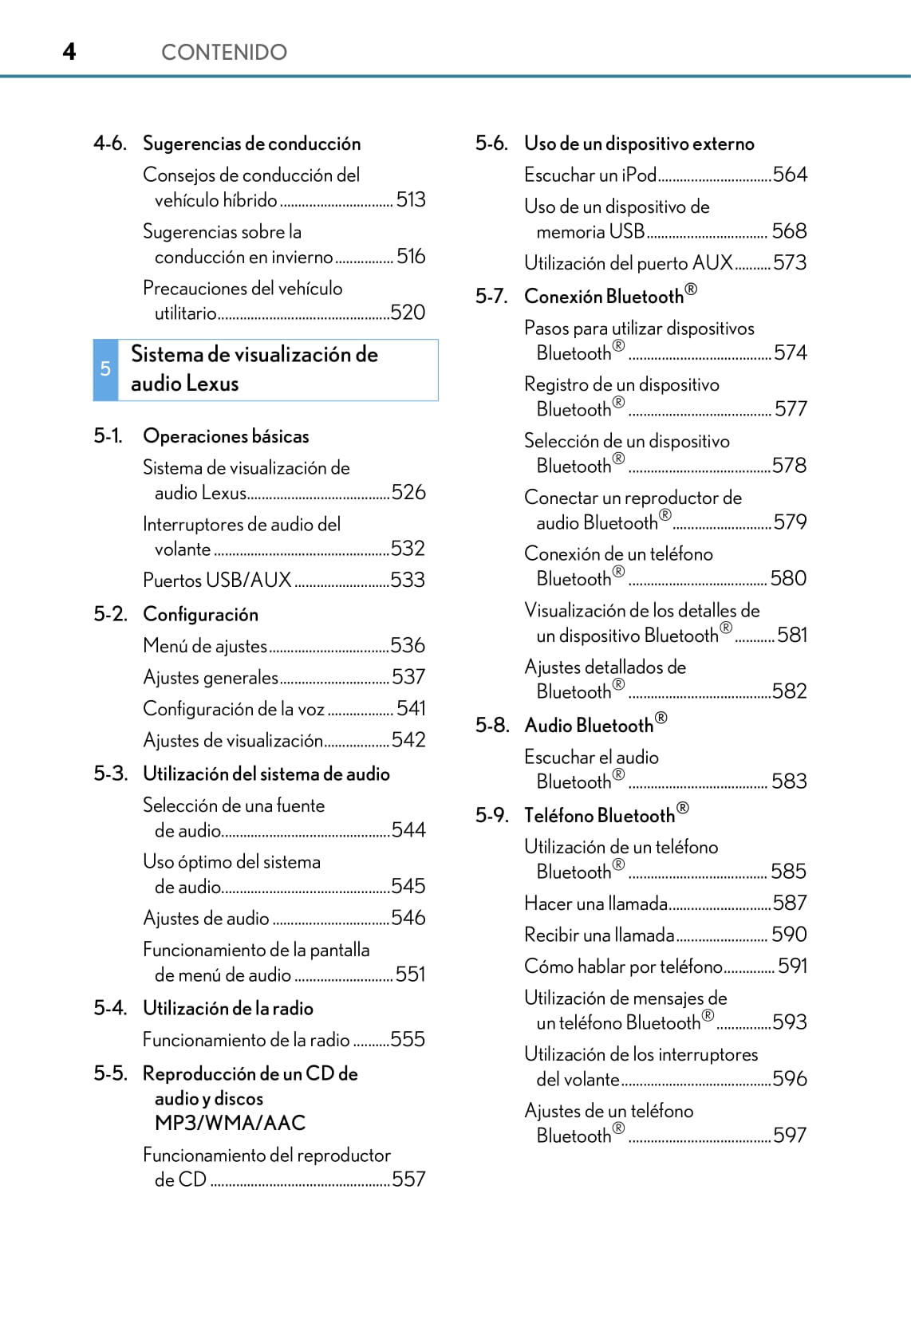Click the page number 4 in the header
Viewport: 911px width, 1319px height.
69,52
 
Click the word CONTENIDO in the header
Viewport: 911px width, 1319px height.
223,53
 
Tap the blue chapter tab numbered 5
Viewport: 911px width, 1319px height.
105,369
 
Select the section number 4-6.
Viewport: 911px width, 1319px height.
110,144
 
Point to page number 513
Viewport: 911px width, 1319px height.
411,199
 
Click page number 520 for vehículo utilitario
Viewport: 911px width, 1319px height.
408,313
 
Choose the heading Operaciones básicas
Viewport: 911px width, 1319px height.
226,436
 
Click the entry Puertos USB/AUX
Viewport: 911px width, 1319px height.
217,581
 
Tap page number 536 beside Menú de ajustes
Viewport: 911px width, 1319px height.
408,645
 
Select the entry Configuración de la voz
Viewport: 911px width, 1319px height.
234,709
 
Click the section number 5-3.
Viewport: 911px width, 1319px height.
110,774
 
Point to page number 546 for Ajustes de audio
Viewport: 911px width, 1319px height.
408,918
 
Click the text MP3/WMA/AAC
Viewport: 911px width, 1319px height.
230,1123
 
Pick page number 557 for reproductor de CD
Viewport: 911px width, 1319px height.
408,1179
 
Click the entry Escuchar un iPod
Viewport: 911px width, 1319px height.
590,175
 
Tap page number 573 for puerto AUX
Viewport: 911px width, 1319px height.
790,262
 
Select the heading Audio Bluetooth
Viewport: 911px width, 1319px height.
596,725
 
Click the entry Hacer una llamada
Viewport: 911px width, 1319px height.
596,904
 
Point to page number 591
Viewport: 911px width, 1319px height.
792,967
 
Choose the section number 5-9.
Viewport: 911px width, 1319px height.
492,815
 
